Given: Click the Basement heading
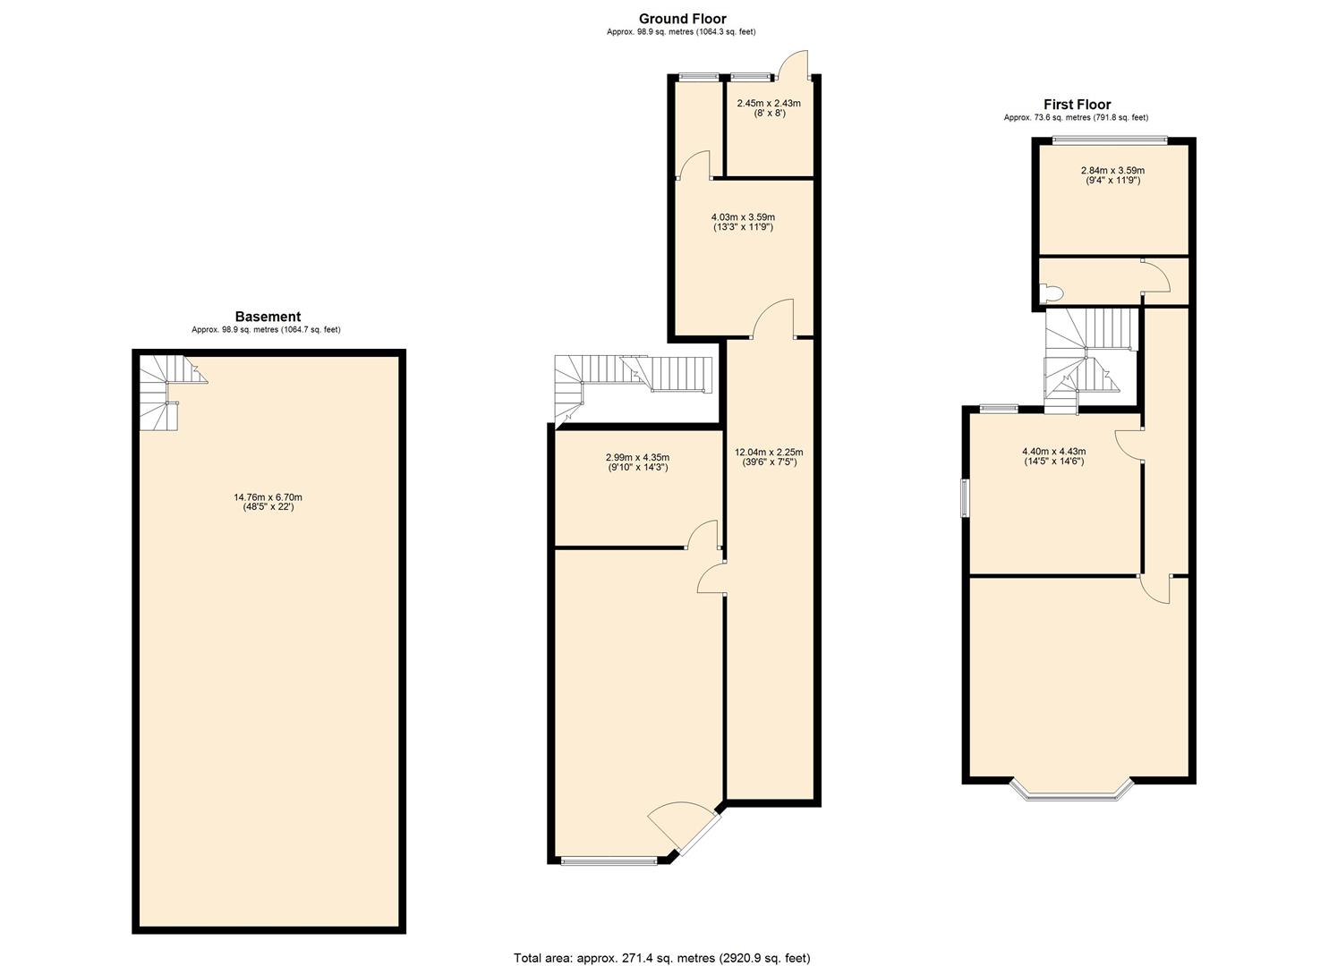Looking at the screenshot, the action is pos(268,317).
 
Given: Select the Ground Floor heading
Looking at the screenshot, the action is pos(682,19).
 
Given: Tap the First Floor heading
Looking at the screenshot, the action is pos(1077,105).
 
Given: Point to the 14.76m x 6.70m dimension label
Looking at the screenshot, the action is pos(268,503).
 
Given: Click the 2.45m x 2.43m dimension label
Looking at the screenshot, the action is pos(769,108).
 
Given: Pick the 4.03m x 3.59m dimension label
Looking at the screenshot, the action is pos(743,223).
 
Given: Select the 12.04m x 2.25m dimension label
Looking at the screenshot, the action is pos(770,457).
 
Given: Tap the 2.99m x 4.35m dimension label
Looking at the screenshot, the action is pos(638,462).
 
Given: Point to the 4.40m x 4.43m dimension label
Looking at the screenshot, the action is pos(1053,456).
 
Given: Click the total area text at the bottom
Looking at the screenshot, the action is pos(662,941).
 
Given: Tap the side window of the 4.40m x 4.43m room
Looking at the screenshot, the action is pos(966,498).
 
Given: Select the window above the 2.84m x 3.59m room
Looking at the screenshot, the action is pos(1110,140).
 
